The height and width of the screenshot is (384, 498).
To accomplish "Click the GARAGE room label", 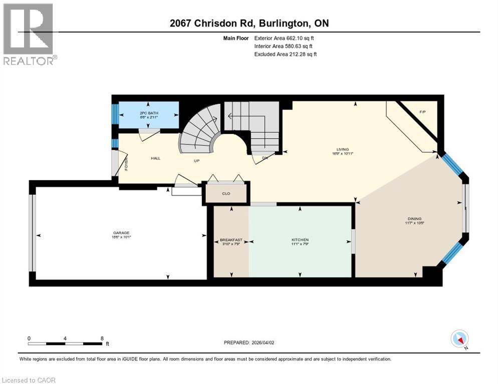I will coord(121,232).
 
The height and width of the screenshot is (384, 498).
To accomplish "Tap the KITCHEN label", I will coord(300,240).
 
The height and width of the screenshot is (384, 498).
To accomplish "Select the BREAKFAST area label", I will coord(231,240).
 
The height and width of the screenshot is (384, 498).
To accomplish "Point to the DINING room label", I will coord(414,218).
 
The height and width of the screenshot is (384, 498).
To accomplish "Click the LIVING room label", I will coord(343,148).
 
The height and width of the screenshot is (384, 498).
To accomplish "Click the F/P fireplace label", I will coord(422,110).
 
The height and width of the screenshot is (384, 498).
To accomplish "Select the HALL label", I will coord(155,158).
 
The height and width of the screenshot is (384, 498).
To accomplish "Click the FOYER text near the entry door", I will coord(126,164).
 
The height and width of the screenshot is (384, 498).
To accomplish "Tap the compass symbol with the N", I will coord(459,339).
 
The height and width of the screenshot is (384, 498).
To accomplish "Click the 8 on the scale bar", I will coord(102,338).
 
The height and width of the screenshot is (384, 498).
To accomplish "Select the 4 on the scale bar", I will coord(65,338).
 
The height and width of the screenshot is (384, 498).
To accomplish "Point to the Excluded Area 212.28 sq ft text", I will coord(286,54).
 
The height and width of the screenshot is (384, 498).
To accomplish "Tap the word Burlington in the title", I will coord(282,23).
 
